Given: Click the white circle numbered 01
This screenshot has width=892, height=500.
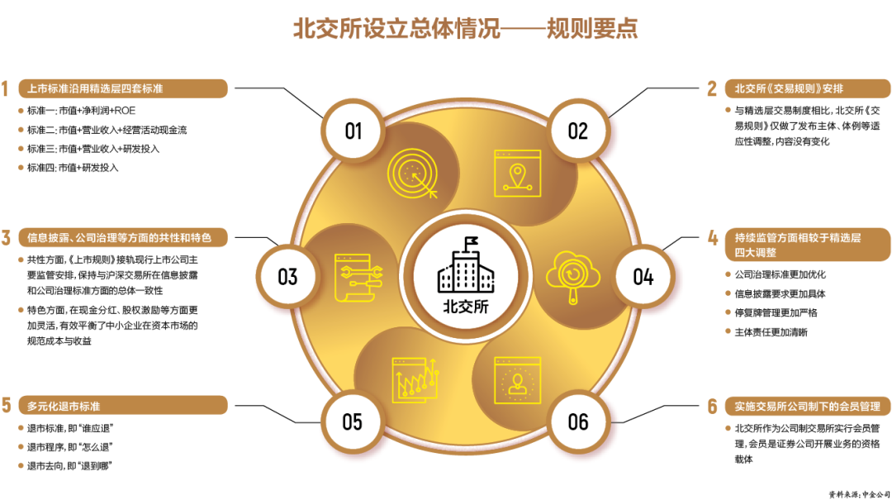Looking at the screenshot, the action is coord(353,131).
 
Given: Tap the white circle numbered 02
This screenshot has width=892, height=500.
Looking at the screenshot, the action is coord(577,131).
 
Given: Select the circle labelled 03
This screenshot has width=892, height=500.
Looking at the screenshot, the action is coord(287,275).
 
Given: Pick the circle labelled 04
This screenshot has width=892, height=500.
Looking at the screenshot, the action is coord(643,275).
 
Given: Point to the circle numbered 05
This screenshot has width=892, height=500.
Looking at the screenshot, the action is coord(353,421).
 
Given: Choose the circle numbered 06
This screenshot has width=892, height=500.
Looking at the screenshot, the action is coord(578,421).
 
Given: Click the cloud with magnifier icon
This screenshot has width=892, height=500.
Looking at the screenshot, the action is coord(572,274).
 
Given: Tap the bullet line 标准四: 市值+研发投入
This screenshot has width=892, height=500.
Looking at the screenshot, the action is coord(73,168).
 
